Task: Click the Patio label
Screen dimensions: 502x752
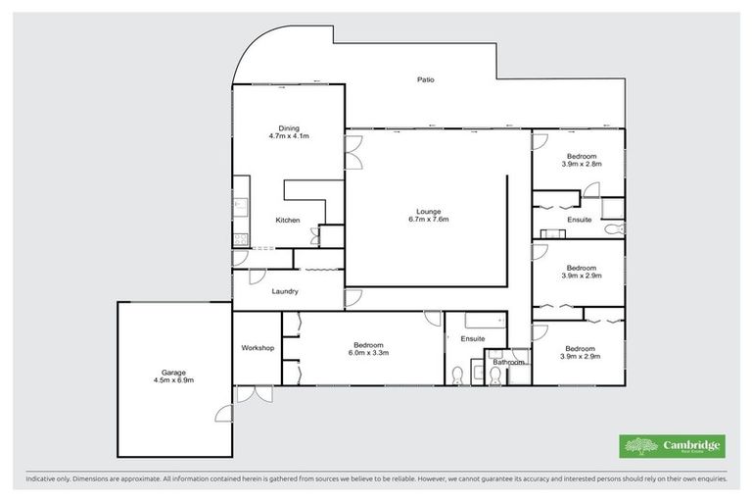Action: coord(424,79)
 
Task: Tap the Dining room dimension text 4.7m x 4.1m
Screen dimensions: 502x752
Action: coord(289,136)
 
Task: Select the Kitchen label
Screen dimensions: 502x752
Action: coord(287,220)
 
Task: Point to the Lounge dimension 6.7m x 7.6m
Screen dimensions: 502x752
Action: coord(427,220)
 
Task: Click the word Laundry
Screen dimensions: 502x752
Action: coord(285,291)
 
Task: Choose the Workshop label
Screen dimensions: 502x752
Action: coord(258,348)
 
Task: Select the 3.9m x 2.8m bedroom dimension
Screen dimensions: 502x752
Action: coord(581,165)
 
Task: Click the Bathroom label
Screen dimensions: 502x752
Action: coord(508,363)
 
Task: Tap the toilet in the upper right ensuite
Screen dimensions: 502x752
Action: coord(612,229)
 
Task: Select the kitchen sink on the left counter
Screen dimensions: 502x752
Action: coord(239,206)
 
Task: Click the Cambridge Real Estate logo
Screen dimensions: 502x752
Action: coord(672,446)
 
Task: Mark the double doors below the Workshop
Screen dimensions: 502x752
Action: coord(254,394)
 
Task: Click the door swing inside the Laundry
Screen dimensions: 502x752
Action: coord(258,276)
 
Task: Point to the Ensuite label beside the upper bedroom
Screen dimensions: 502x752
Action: coord(580,220)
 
